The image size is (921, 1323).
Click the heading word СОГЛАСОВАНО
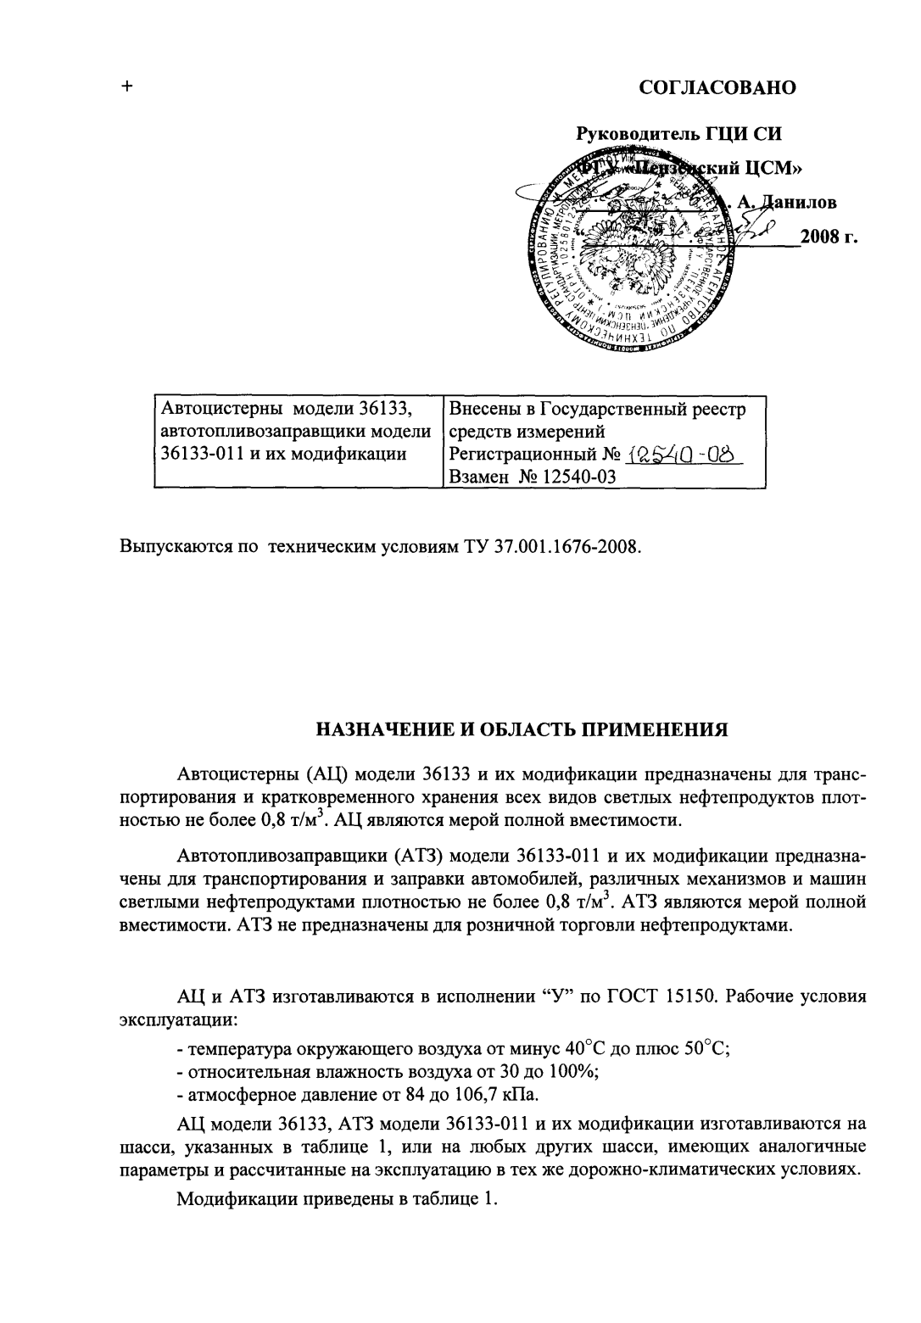tap(717, 87)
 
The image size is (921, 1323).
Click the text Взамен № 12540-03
tap(532, 477)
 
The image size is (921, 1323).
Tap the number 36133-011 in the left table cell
tap(194, 454)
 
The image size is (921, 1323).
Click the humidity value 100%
tap(580, 1070)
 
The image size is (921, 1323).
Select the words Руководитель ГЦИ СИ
tap(678, 133)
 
